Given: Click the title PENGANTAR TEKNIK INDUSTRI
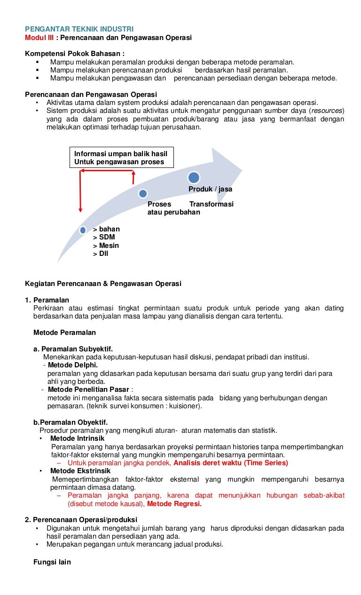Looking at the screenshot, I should click(x=79, y=29).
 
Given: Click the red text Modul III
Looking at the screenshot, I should click(x=39, y=38).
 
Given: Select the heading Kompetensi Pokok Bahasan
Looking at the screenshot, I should click(x=75, y=54).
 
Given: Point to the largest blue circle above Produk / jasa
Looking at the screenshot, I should click(x=194, y=177).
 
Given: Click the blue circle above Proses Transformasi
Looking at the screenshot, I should click(x=143, y=193).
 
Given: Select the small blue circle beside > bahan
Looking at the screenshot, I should click(x=83, y=230).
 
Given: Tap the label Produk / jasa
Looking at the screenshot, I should click(x=210, y=189).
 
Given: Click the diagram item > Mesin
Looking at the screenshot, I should click(x=106, y=246).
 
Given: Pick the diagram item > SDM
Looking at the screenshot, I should click(x=104, y=237).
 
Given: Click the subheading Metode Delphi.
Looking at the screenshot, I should click(x=73, y=365).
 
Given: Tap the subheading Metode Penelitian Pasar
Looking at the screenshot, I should click(x=89, y=389).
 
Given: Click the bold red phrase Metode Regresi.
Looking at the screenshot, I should click(x=174, y=504).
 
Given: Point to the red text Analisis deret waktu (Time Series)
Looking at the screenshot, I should click(x=230, y=463).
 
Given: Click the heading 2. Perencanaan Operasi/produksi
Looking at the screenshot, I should click(x=81, y=520).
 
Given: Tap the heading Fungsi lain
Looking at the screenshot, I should click(x=52, y=562).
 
